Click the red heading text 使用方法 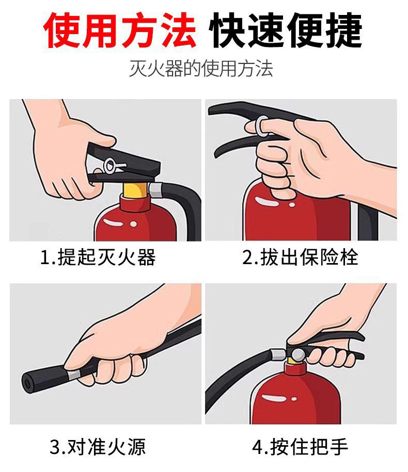click(120, 30)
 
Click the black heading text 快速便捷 click(285, 30)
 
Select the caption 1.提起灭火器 click(98, 257)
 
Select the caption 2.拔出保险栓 click(300, 257)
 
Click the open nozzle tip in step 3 click(28, 384)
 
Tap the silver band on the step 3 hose click(74, 375)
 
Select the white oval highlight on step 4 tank click(274, 398)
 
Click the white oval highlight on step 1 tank click(113, 222)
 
